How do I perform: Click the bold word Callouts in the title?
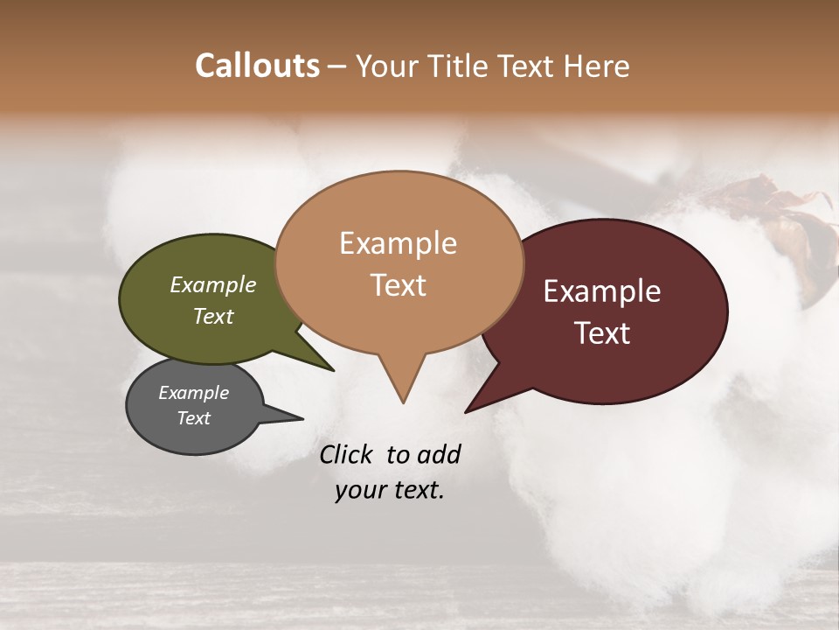[257, 66]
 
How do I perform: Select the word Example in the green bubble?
[212, 284]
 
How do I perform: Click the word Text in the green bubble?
[212, 316]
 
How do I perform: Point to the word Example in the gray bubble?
[193, 393]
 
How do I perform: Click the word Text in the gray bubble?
[193, 418]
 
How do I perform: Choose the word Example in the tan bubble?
[398, 243]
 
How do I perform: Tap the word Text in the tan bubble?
[398, 285]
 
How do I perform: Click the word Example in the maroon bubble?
[601, 291]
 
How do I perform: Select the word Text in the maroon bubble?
[601, 333]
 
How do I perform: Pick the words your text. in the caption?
[389, 490]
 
